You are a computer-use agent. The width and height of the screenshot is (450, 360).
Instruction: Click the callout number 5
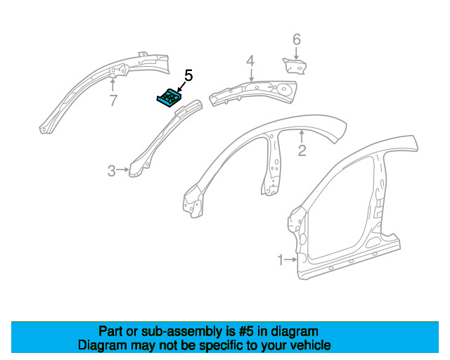coord(188,75)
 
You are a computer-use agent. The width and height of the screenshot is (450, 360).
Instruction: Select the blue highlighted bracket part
coord(169,98)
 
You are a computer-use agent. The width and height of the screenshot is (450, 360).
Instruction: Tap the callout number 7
coord(113,101)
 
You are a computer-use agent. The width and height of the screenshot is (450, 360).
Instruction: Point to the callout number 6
coord(297,39)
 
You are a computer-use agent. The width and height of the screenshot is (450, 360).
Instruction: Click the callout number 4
coord(250,61)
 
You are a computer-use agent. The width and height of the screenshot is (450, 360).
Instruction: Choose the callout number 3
coord(112,171)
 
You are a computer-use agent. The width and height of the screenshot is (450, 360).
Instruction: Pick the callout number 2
coord(302,150)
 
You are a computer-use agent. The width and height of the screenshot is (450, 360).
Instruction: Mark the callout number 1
coord(281,260)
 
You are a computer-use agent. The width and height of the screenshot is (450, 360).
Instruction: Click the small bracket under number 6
coord(295,65)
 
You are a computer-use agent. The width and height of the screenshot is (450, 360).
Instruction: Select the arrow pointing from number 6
coord(296,53)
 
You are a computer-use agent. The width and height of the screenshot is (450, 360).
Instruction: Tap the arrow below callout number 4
coord(252,75)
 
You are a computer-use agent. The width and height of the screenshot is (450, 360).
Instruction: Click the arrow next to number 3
coord(123,169)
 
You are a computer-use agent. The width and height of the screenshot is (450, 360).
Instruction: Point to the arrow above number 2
coord(302,136)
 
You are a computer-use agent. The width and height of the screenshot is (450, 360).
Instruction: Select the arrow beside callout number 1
coord(291,259)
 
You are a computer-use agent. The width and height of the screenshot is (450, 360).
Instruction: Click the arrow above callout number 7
coord(112,85)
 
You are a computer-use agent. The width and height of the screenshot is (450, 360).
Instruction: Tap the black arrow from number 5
coord(181,87)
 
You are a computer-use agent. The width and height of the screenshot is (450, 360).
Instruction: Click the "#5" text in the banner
coord(246,332)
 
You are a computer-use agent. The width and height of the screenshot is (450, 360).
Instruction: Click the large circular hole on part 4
coord(284,88)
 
